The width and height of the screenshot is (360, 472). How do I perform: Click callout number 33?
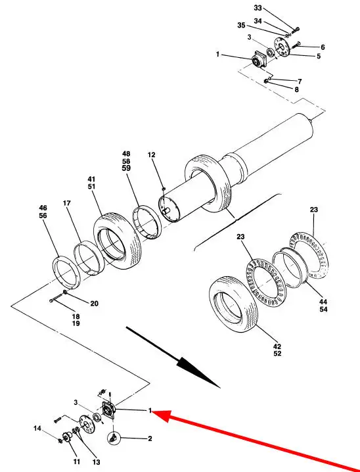pyautogui.click(x=258, y=8)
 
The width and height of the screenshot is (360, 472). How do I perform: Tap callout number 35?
pyautogui.click(x=241, y=26)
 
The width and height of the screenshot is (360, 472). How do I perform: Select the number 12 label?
pyautogui.click(x=152, y=154)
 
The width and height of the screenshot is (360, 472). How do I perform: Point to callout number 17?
pyautogui.click(x=67, y=203)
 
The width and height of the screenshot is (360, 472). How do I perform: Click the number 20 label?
pyautogui.click(x=95, y=304)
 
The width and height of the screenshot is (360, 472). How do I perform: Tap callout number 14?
pyautogui.click(x=37, y=428)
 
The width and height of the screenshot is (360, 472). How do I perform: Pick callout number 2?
pyautogui.click(x=150, y=438)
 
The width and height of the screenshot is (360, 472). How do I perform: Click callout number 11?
pyautogui.click(x=77, y=461)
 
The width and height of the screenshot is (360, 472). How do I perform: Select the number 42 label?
pyautogui.click(x=277, y=347)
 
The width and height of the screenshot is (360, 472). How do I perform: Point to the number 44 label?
pyautogui.click(x=323, y=302)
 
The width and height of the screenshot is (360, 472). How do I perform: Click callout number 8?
pyautogui.click(x=296, y=89)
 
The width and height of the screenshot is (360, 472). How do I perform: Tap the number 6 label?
pyautogui.click(x=323, y=47)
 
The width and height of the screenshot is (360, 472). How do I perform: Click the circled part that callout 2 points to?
pyautogui.click(x=114, y=437)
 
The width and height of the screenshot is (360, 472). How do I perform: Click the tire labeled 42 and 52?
pyautogui.click(x=233, y=304)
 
